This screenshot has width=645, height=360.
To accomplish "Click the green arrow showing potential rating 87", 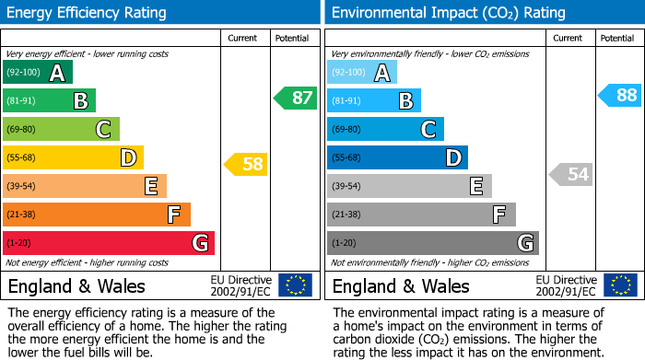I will [296, 98].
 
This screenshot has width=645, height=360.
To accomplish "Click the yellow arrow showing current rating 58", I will [247, 165].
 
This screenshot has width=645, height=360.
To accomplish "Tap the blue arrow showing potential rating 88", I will [620, 95].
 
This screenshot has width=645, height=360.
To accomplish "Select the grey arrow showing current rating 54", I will [571, 174].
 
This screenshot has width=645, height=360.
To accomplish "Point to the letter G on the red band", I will [199, 243].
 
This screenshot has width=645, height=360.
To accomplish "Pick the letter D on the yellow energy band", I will [128, 158].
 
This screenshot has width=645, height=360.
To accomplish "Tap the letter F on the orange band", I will [173, 215].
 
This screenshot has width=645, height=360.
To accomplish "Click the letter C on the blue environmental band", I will [428, 130].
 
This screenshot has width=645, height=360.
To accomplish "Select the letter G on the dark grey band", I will [524, 243].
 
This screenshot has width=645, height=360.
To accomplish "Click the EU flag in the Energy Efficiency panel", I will [295, 285].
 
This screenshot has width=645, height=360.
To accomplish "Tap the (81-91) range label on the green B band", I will [22, 101].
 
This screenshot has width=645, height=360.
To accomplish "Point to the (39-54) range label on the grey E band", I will [347, 187].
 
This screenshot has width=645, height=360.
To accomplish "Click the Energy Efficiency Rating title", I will [88, 13].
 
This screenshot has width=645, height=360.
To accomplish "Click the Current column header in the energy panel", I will [243, 38].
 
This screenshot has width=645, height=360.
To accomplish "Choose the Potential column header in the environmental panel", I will [616, 38].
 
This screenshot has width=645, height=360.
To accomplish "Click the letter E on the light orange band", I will [151, 187].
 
